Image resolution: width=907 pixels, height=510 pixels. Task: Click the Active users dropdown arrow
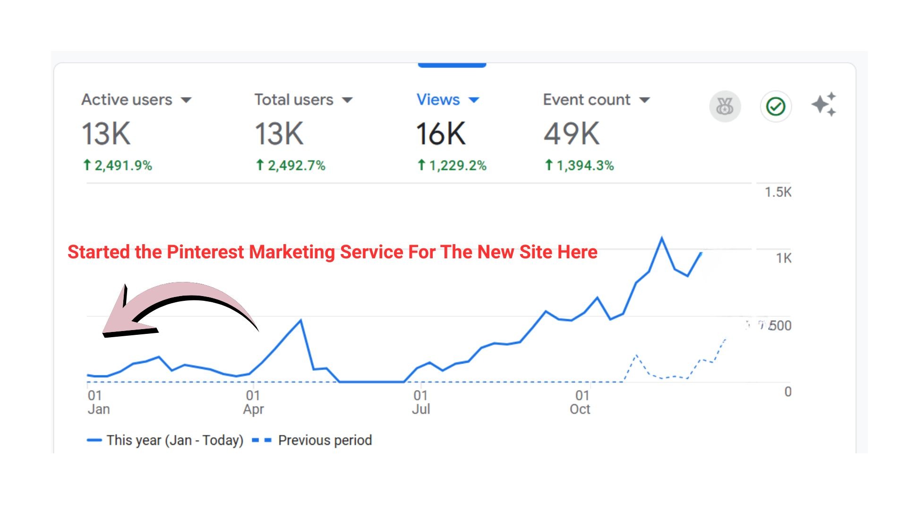click(187, 100)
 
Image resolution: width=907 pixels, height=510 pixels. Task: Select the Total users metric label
click(293, 100)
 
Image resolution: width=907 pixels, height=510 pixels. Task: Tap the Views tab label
click(438, 100)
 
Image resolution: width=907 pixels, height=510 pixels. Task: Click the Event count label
click(586, 100)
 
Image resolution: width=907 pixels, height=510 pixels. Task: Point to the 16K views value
click(440, 134)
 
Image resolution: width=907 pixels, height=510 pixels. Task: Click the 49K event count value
click(571, 134)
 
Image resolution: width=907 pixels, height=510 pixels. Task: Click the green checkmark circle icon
click(775, 106)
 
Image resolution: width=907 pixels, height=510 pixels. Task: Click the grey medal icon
click(725, 106)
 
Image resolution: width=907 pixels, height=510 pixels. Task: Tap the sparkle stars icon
click(824, 104)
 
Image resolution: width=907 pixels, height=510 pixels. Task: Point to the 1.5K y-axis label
click(778, 192)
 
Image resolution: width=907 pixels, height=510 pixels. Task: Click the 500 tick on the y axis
click(779, 325)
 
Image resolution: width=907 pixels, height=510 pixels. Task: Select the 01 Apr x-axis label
click(253, 402)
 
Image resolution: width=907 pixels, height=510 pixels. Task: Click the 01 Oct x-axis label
click(581, 402)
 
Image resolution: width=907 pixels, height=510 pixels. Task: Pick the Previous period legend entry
click(325, 440)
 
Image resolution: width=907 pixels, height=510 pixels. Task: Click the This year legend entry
click(174, 440)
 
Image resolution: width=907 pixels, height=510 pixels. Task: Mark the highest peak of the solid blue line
click(661, 238)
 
